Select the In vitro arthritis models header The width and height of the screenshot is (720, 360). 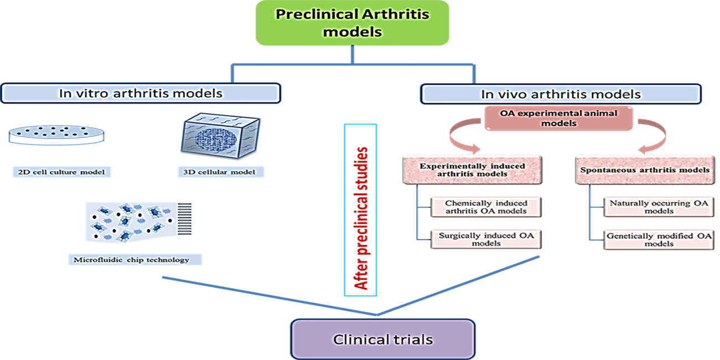tap(141, 93)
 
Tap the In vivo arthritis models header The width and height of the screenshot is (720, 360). tap(560, 94)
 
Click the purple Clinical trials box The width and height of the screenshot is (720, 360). tap(383, 339)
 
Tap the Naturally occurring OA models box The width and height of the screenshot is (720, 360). tap(659, 207)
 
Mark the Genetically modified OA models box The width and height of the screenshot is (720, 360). tap(659, 239)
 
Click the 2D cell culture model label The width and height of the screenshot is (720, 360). tap(63, 171)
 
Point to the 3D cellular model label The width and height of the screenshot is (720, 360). tap(219, 172)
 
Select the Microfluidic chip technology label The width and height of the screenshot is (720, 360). tap(131, 259)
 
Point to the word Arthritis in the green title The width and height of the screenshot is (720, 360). tap(391, 14)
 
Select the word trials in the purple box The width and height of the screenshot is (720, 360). tap(410, 339)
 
